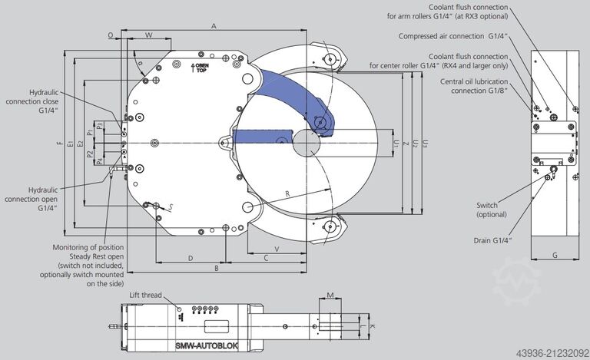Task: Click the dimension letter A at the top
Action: (x=214, y=26)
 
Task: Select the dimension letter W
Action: (x=148, y=35)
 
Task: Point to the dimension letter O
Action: (x=111, y=35)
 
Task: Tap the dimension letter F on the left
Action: (x=58, y=144)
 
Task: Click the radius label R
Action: (x=287, y=193)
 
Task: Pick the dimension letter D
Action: (x=190, y=258)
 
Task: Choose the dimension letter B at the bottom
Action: (x=217, y=268)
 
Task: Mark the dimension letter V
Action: (x=276, y=249)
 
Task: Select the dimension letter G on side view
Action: (x=554, y=255)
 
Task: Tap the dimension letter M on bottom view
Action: (x=329, y=295)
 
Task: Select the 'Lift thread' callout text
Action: (x=146, y=295)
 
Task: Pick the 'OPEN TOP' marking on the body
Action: (x=200, y=69)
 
